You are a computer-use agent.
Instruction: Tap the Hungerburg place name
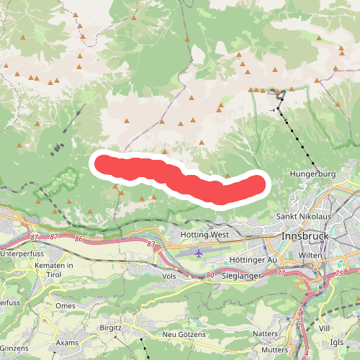313,174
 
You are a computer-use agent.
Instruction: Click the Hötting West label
206,235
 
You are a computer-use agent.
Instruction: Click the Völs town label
170,276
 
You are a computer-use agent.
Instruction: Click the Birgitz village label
110,327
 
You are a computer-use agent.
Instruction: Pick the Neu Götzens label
184,335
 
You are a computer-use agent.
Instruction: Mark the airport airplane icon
199,253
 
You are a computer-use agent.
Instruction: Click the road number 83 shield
150,245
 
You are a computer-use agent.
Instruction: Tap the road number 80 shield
210,274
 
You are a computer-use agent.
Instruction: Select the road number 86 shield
78,238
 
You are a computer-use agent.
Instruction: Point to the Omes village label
66,305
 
